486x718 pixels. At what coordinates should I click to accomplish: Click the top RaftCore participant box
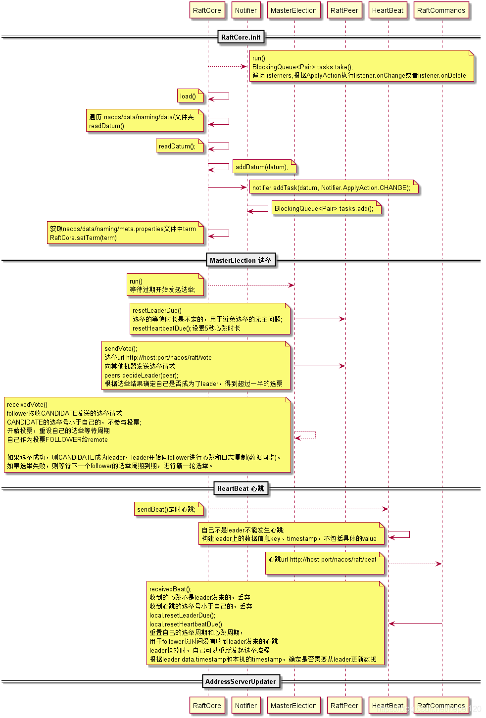[207, 10]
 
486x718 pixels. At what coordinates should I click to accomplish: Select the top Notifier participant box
[246, 10]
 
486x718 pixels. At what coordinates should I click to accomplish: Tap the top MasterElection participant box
[293, 10]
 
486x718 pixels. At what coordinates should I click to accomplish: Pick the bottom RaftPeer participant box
[344, 706]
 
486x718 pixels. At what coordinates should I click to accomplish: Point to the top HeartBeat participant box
[388, 10]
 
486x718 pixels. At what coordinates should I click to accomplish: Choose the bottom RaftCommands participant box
[441, 706]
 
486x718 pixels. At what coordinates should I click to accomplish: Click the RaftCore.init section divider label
[241, 37]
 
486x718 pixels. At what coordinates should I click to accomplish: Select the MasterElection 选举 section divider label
[241, 260]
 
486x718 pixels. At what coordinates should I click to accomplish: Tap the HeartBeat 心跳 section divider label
[241, 488]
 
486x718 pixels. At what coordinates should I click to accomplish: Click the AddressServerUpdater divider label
[241, 681]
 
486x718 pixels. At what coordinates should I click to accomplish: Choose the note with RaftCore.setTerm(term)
[125, 233]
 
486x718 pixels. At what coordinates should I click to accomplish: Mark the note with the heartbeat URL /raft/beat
[325, 564]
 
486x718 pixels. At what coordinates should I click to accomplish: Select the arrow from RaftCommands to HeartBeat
[415, 623]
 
